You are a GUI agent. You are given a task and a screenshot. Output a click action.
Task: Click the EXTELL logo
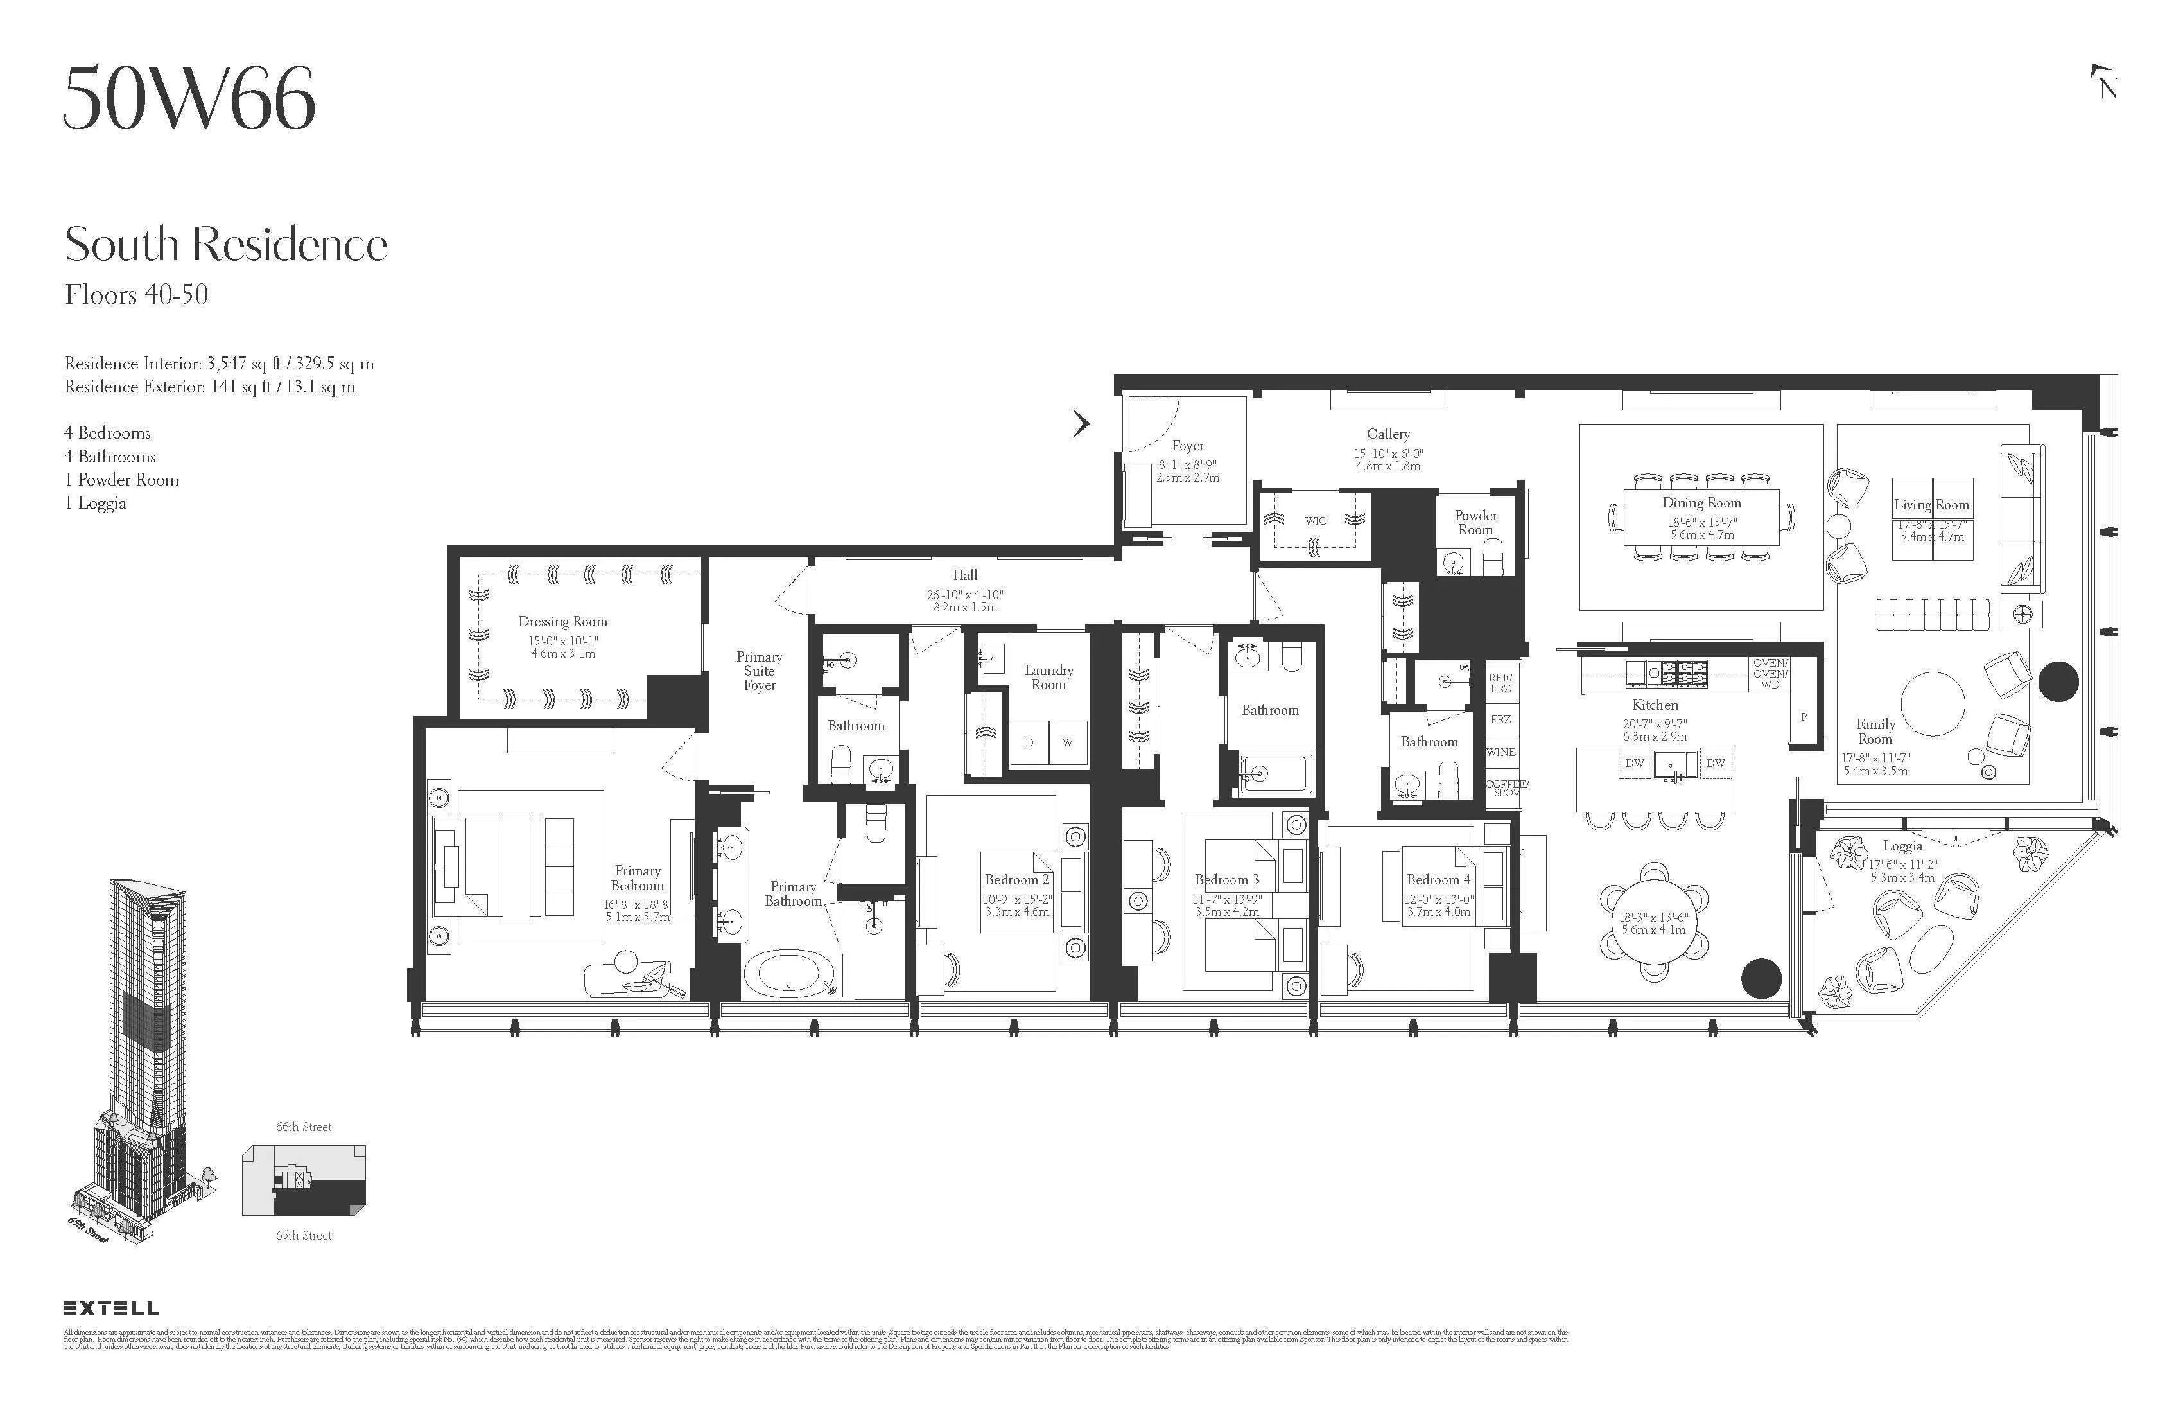coord(111,1308)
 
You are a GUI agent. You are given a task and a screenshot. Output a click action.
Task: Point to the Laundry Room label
coord(1048,677)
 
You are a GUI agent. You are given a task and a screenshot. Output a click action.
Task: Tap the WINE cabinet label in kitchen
coord(1500,752)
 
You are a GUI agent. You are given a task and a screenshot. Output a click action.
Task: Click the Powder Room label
coord(1475,522)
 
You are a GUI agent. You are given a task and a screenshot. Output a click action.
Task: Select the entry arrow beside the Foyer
coord(1083,423)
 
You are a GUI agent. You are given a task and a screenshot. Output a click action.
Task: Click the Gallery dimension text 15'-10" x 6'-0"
coord(1387,453)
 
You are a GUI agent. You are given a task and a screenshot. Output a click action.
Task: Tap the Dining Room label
coord(1701,503)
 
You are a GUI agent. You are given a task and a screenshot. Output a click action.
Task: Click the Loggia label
coord(1902,846)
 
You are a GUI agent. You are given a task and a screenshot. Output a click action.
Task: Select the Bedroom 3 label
coord(1226,879)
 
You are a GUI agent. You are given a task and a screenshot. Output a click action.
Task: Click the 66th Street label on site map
coord(304,1127)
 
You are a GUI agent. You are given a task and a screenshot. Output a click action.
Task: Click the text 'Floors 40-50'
coord(137,295)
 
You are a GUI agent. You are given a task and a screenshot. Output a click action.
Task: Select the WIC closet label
coord(1316,520)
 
